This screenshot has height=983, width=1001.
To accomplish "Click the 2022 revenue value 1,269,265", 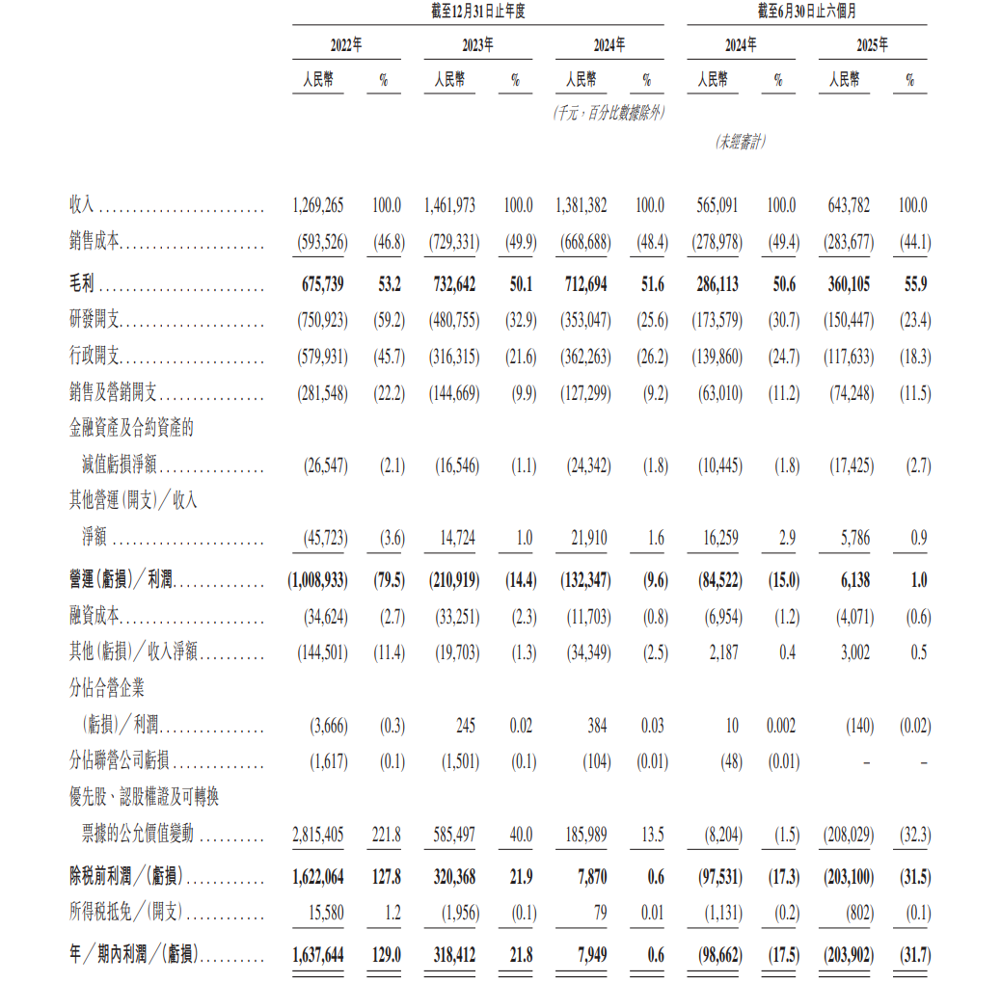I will [x=318, y=205].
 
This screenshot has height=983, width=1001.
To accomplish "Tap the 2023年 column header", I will [x=477, y=45].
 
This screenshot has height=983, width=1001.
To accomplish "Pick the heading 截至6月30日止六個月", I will [x=809, y=12].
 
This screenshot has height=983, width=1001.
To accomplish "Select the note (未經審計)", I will [x=741, y=142].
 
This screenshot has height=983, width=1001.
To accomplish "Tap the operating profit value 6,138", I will [x=850, y=580].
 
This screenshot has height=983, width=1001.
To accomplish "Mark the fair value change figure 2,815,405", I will [x=318, y=835].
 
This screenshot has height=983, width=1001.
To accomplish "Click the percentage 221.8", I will [x=387, y=835].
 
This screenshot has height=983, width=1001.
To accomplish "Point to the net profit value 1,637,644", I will [x=318, y=955].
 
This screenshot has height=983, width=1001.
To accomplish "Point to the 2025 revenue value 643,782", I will [x=849, y=205].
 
